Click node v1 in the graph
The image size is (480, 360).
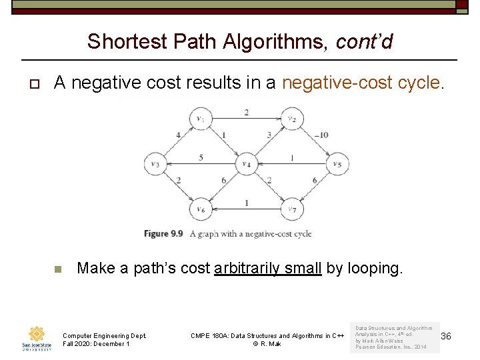tap(200, 119)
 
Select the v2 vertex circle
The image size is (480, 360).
tap(291, 119)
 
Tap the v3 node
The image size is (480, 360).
tap(155, 163)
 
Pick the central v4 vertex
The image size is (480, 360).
tap(246, 163)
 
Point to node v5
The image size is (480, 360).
tap(337, 163)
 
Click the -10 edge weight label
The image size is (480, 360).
tap(323, 135)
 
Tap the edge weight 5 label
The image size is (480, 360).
tap(201, 158)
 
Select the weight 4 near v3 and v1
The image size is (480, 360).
tap(178, 135)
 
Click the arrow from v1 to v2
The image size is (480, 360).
tap(246, 119)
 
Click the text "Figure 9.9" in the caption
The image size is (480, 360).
tap(163, 233)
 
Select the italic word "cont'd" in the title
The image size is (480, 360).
tap(365, 41)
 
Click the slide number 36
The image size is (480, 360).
tap(446, 337)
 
